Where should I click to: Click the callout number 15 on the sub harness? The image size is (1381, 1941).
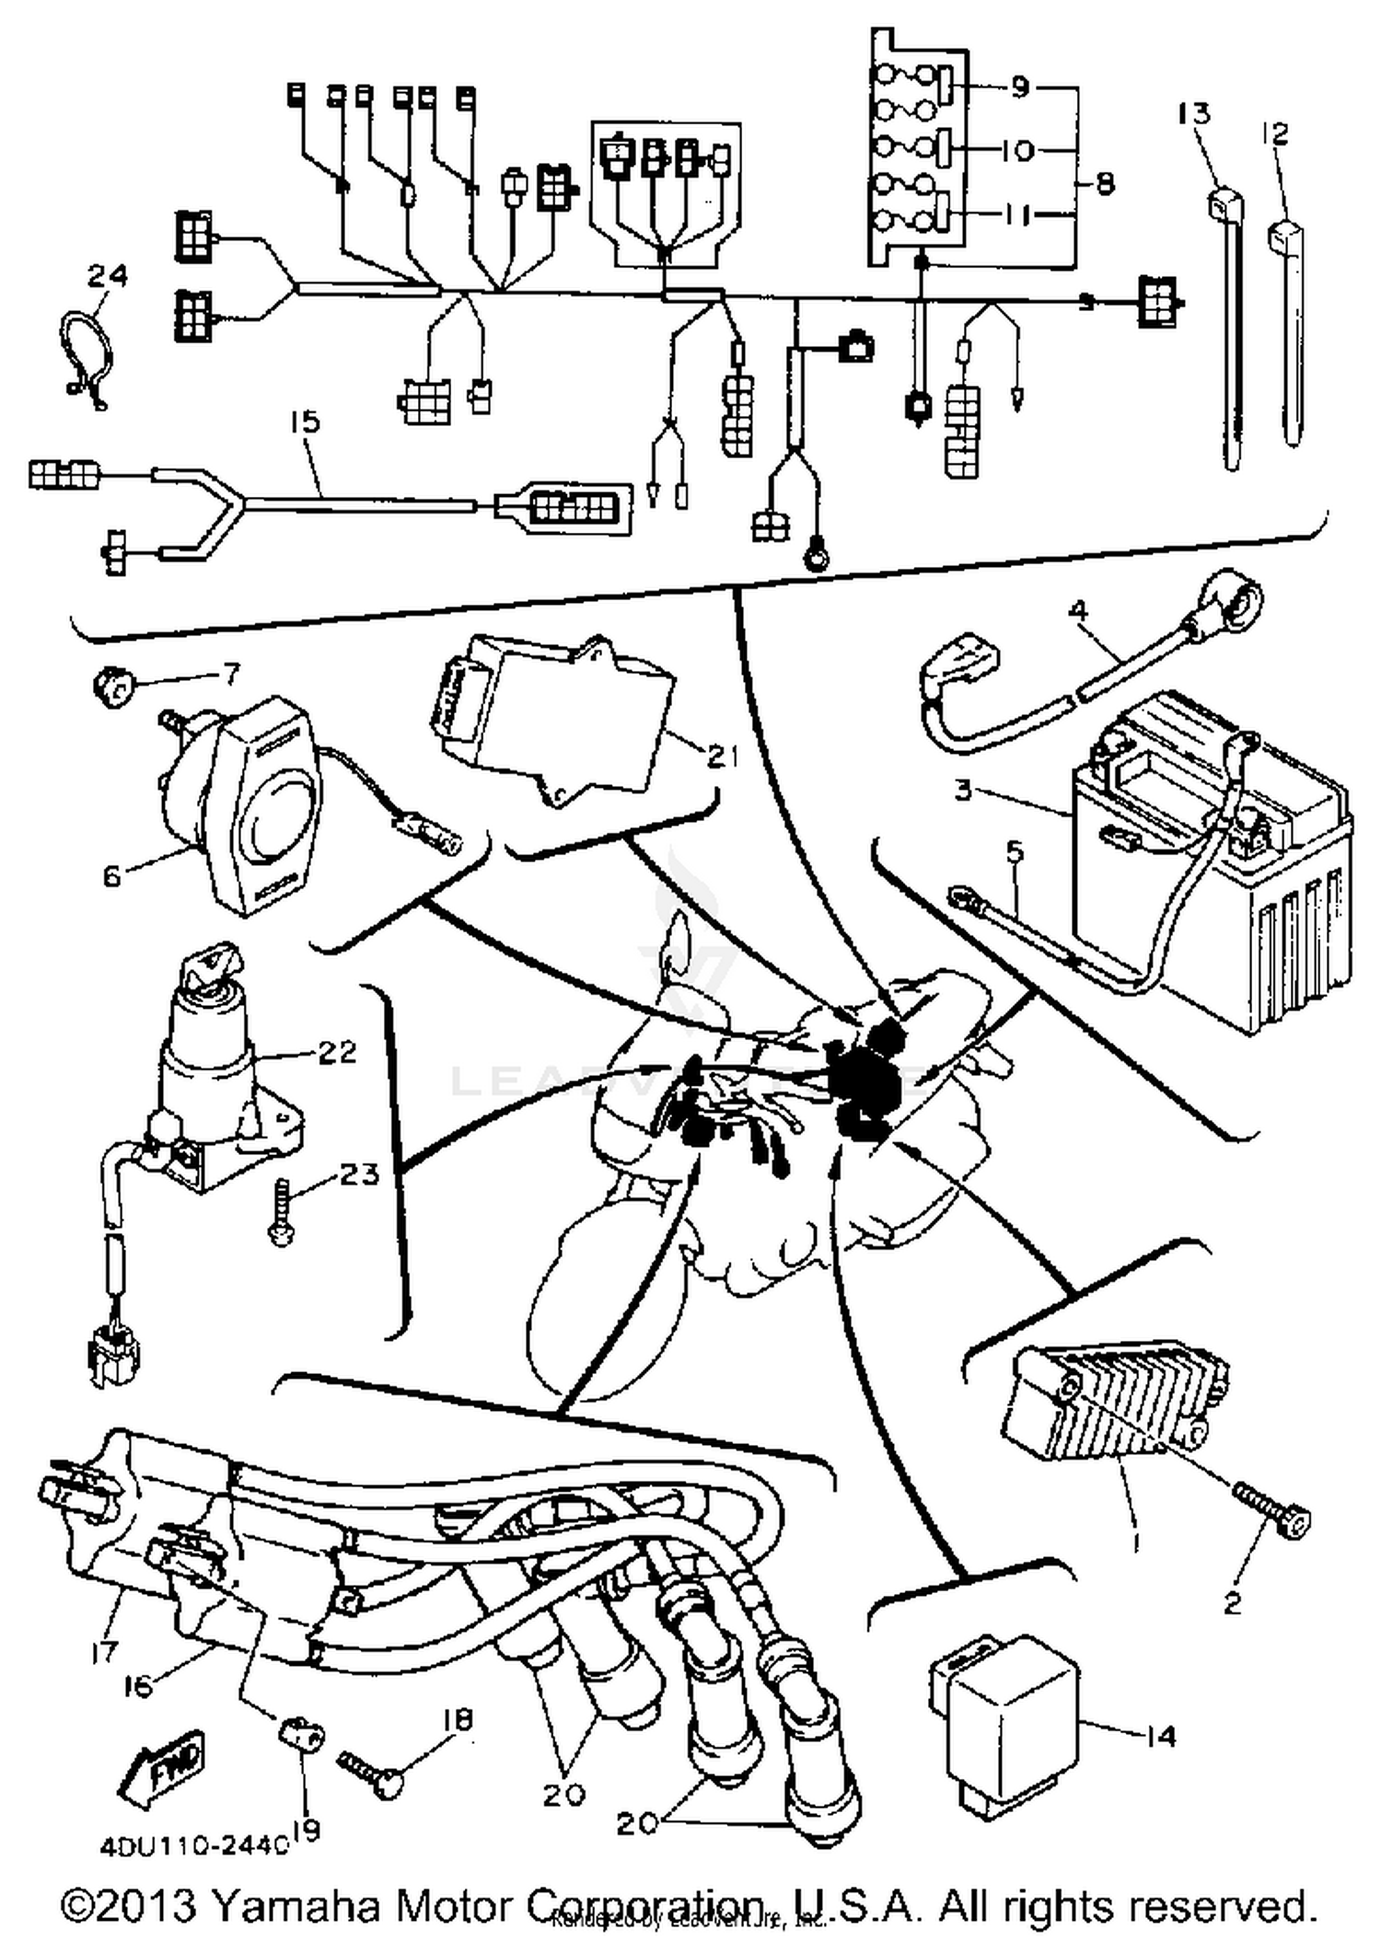point(305,422)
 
